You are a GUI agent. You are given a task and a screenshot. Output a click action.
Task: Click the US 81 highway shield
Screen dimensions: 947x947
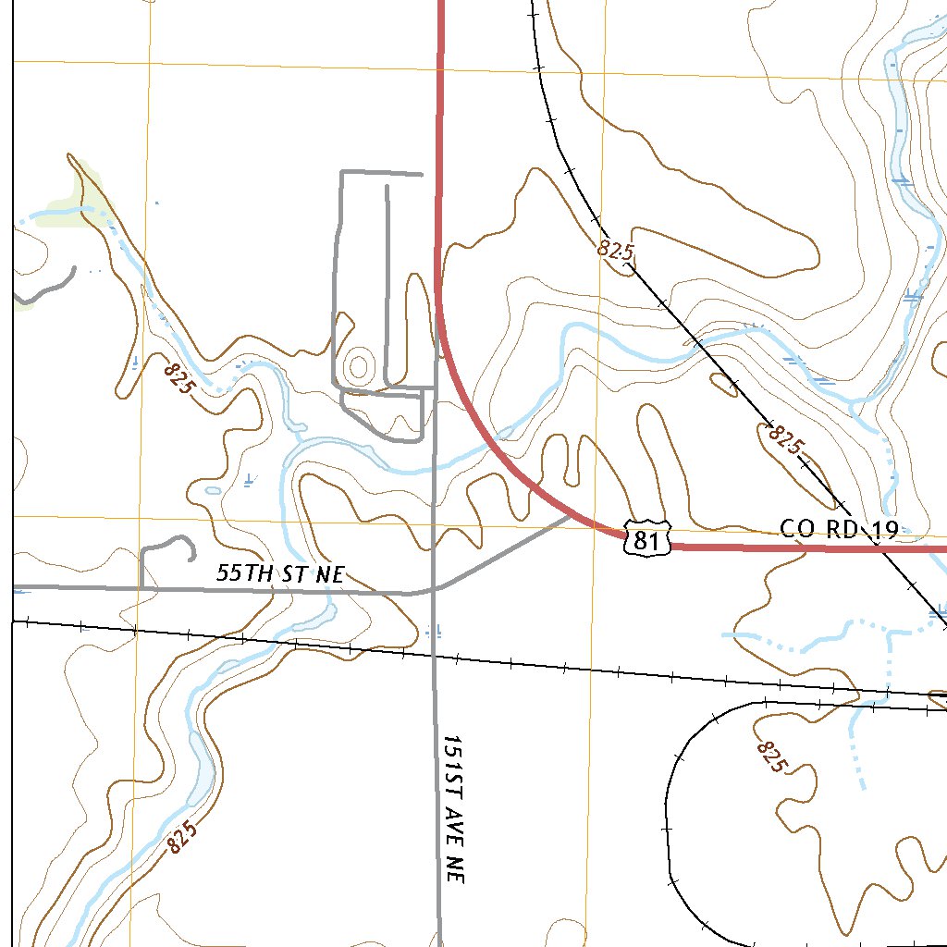(646, 539)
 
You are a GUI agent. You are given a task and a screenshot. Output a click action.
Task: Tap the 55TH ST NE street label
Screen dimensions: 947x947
(279, 573)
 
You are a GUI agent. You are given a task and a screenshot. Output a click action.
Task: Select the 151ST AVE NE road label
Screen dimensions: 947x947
(452, 809)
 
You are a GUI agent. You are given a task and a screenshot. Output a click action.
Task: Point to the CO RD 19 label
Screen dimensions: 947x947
(839, 529)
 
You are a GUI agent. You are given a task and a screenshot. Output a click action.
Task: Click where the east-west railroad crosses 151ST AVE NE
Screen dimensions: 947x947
(436, 657)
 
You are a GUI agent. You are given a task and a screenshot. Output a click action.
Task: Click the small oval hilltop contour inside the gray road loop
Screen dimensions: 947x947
(358, 365)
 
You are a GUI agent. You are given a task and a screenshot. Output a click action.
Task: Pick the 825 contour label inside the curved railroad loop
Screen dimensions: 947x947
(771, 756)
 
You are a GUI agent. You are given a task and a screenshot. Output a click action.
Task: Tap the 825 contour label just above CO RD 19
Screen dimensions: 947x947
(785, 441)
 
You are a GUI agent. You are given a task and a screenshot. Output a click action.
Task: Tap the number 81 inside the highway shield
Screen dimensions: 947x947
(646, 541)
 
